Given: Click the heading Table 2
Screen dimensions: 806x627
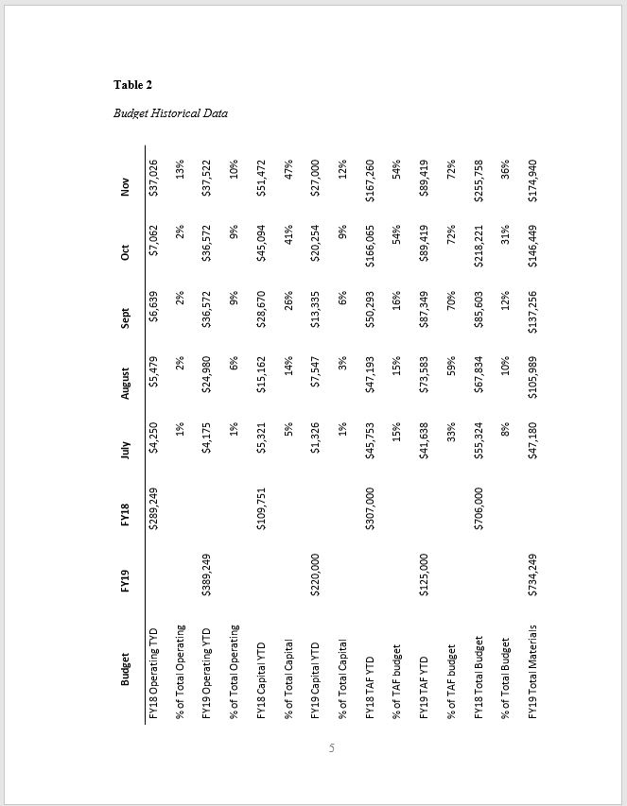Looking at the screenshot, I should coord(133,85).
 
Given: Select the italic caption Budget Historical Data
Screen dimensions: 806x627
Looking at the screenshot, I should coord(170,113).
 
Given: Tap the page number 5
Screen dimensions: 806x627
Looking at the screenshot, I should coord(332,749).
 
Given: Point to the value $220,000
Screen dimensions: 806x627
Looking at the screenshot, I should coord(318,575).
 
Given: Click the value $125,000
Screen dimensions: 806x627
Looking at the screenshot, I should coord(427,575).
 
